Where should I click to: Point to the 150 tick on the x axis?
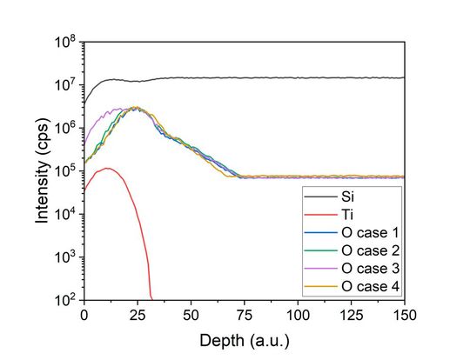pos(405,313)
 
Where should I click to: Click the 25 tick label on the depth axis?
pos(138,313)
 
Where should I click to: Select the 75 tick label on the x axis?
pos(245,313)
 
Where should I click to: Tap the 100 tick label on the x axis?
pos(298,313)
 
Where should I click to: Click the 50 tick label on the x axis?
pos(191,313)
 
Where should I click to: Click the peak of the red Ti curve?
pos(107,168)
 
